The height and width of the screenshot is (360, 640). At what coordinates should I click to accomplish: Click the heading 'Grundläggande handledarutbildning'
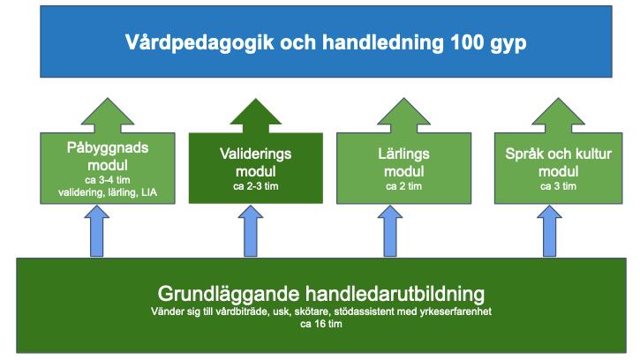click(x=321, y=293)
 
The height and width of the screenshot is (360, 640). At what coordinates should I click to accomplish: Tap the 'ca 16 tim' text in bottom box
click(x=321, y=324)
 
